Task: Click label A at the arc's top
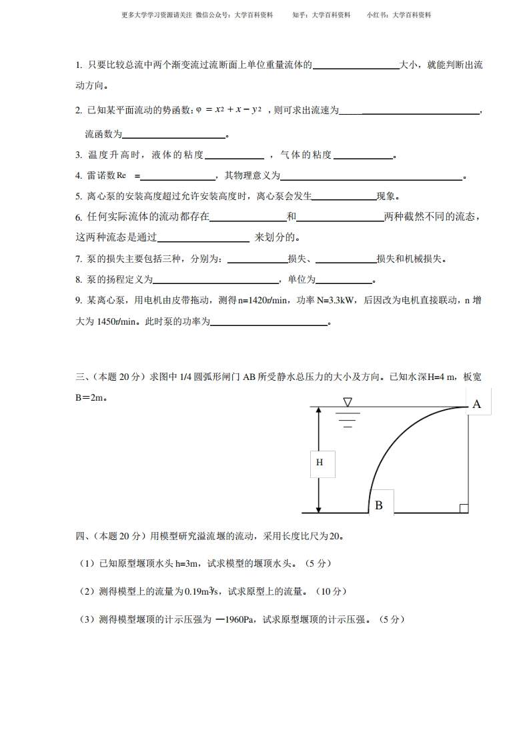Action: click(x=476, y=404)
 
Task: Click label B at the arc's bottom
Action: click(x=379, y=505)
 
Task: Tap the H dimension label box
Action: click(x=320, y=462)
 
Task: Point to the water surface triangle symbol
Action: click(x=347, y=402)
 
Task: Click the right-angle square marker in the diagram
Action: click(x=464, y=509)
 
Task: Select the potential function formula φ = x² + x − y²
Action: click(x=229, y=110)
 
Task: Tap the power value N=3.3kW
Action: click(x=331, y=301)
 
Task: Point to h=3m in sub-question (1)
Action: click(x=187, y=563)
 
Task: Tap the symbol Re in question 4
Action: click(x=121, y=175)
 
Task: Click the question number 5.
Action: click(x=78, y=196)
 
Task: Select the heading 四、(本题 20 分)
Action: click(x=110, y=535)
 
